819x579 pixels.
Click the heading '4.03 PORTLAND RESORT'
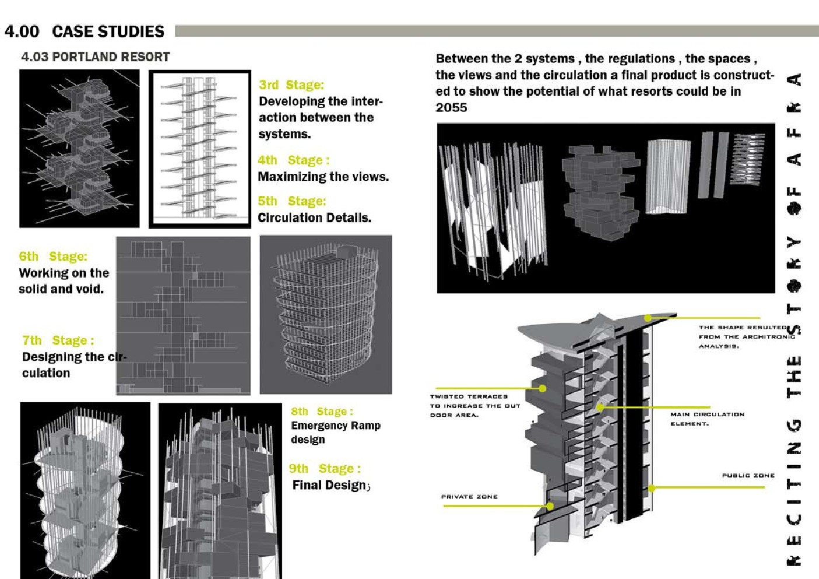tap(95, 57)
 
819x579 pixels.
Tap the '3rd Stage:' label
tap(291, 85)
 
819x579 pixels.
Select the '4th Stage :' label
tap(293, 160)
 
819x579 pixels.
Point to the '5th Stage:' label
tap(291, 201)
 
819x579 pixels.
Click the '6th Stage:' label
tap(53, 256)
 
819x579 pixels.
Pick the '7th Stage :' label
tap(58, 340)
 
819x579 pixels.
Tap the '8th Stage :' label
tap(322, 411)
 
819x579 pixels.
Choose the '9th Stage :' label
tap(325, 469)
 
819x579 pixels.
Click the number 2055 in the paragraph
tap(451, 107)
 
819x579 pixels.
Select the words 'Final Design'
tap(329, 485)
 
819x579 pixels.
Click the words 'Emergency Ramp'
tap(336, 425)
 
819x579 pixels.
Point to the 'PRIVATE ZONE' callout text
tap(469, 497)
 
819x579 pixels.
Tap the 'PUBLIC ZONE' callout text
tap(748, 475)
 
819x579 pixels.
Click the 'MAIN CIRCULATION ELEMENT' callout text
tap(707, 418)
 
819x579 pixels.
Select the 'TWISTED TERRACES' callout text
tap(469, 396)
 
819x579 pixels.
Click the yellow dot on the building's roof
tap(648, 318)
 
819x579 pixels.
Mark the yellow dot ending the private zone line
tap(550, 506)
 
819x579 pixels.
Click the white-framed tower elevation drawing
tap(200, 148)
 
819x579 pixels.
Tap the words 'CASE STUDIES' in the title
tap(108, 32)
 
